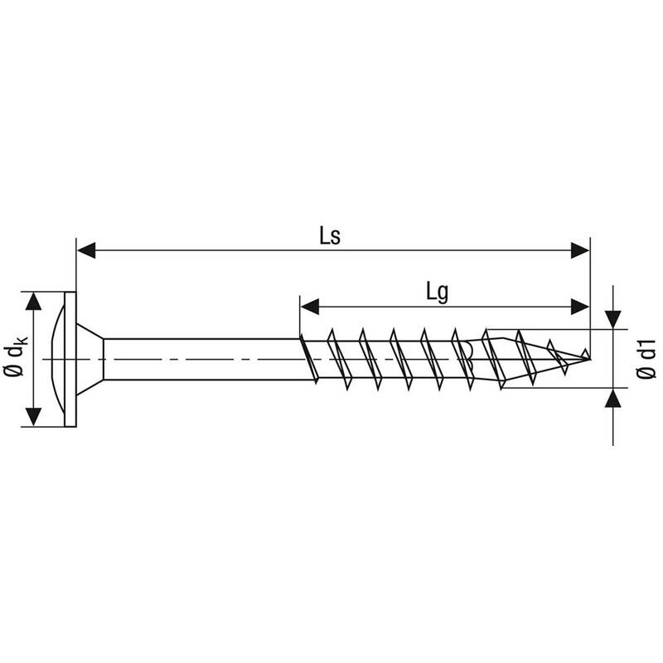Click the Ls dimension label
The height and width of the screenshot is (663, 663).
[329, 237]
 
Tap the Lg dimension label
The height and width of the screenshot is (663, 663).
[438, 293]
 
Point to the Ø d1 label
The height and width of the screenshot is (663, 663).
[646, 358]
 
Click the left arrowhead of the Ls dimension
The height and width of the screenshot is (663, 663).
[86, 250]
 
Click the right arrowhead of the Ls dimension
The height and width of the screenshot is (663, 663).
[579, 250]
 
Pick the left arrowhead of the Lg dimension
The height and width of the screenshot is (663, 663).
[309, 307]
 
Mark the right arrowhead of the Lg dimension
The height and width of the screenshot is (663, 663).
[579, 307]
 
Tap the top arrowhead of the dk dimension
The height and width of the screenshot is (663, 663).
[33, 301]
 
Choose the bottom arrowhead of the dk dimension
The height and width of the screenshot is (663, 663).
[33, 417]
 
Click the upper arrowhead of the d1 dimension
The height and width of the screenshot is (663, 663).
[612, 320]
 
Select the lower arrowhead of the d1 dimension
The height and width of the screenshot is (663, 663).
[612, 398]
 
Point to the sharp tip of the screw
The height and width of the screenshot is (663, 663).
[590, 359]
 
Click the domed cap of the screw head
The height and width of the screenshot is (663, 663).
[57, 359]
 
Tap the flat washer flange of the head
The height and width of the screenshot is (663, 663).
[70, 359]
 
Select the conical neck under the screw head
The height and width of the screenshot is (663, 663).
[90, 359]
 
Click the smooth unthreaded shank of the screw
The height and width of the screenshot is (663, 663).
[201, 359]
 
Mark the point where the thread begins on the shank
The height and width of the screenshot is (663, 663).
[301, 338]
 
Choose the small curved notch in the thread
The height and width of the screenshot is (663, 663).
[468, 353]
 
